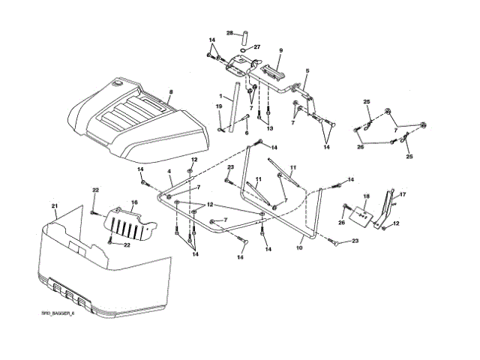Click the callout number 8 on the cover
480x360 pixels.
click(171, 92)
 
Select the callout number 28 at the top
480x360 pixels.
click(230, 33)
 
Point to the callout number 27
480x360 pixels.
click(257, 46)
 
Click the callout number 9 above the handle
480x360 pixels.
click(280, 50)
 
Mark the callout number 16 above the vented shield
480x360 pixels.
click(134, 202)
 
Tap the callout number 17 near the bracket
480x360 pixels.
click(402, 195)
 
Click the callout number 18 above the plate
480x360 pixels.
click(366, 196)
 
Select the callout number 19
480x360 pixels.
click(220, 107)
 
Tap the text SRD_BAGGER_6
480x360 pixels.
click(59, 313)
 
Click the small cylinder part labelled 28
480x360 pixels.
click(243, 34)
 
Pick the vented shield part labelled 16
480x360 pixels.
click(133, 222)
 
